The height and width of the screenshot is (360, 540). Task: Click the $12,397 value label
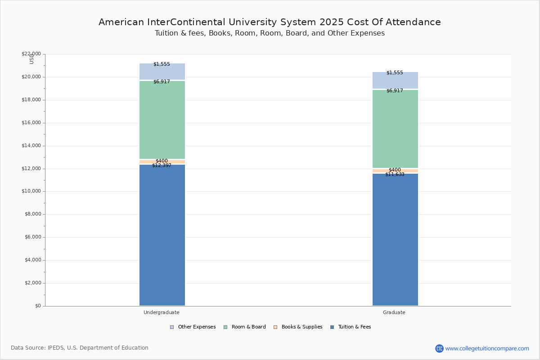(162, 166)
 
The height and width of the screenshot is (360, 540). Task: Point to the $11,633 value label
(395, 175)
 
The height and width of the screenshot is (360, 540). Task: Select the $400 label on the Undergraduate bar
(162, 161)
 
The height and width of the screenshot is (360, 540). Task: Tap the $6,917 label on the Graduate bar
(395, 91)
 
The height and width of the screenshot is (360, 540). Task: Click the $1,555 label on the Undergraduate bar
(162, 64)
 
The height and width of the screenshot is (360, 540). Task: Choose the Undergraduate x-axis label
(162, 312)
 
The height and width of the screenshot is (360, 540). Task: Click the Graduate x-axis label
(394, 312)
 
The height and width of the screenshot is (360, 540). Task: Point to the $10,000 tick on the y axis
(31, 191)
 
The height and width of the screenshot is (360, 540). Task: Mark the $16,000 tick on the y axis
(31, 123)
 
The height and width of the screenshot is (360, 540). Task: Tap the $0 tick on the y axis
(37, 306)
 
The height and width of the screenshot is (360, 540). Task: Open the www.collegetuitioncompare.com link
(487, 348)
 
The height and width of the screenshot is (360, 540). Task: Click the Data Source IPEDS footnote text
(80, 348)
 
